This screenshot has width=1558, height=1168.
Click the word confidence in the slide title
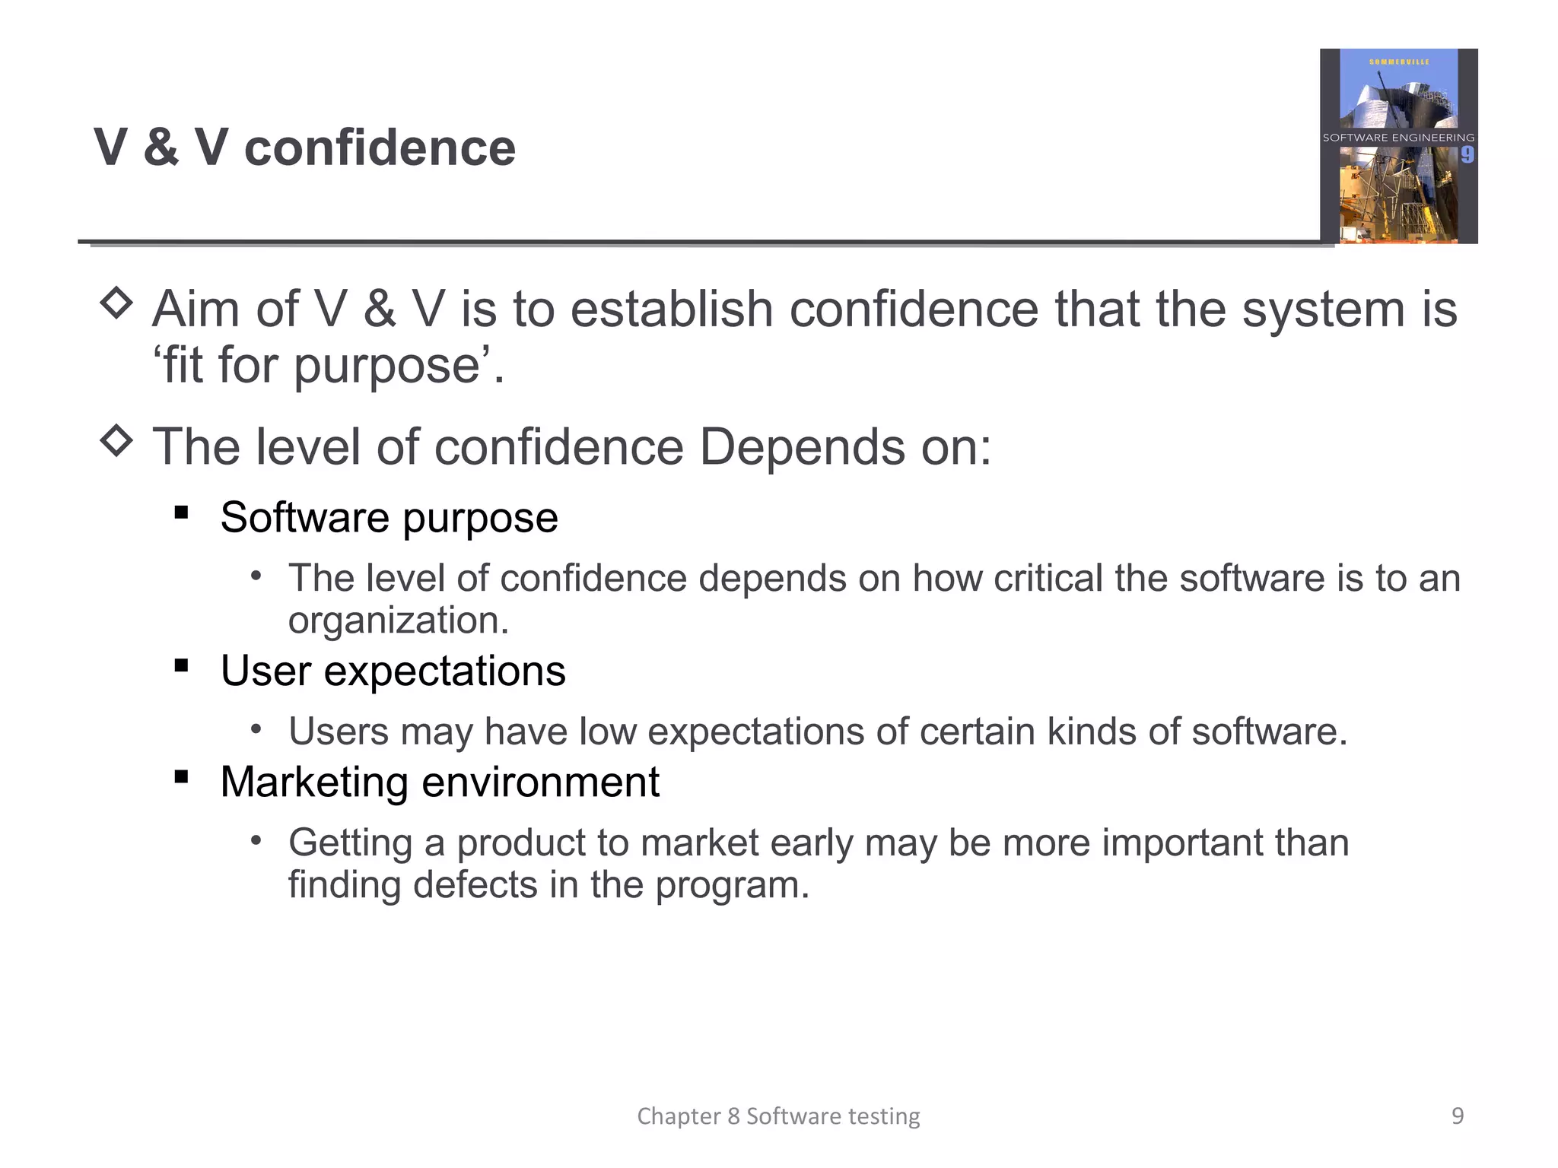point(380,148)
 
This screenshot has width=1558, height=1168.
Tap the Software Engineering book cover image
point(1398,146)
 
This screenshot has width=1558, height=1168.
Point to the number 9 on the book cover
point(1467,155)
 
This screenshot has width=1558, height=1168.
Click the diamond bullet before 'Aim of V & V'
point(116,303)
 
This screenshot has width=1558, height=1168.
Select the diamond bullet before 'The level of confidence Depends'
point(116,440)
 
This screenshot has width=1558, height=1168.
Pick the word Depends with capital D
point(801,447)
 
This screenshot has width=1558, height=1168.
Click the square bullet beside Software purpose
point(181,513)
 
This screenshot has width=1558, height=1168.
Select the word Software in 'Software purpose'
point(304,518)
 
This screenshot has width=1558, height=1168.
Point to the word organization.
point(398,620)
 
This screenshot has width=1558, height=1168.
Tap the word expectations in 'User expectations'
point(444,671)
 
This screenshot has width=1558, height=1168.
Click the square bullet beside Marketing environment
point(181,777)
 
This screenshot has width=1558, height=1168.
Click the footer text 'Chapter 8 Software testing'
point(778,1116)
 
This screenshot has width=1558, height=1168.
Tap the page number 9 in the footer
point(1458,1116)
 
